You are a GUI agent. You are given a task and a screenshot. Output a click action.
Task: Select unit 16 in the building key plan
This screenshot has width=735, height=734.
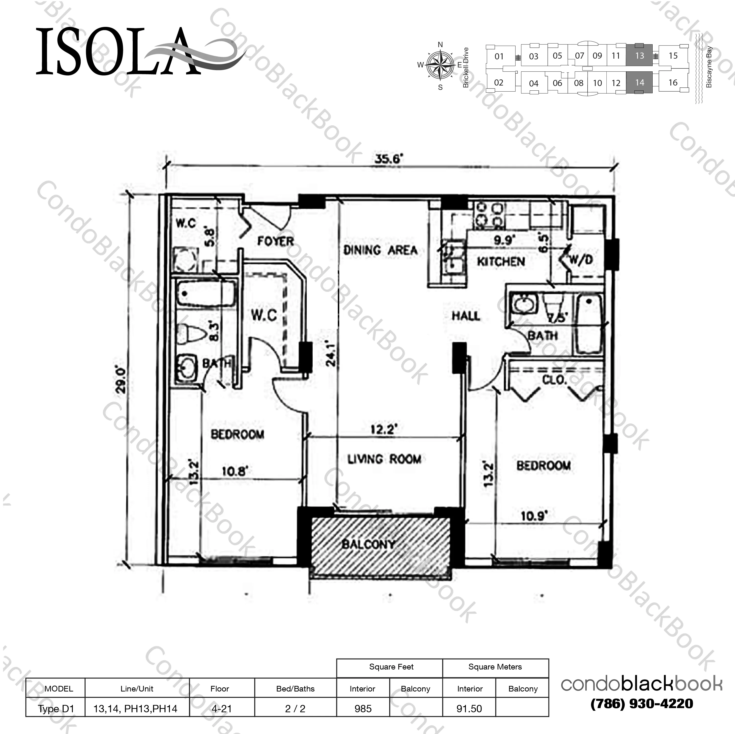673,83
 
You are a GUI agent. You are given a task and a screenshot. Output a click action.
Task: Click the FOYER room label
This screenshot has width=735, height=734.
275,241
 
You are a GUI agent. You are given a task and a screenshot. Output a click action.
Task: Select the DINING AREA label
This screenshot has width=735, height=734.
380,250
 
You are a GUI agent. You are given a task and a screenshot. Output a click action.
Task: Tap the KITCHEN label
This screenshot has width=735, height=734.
501,262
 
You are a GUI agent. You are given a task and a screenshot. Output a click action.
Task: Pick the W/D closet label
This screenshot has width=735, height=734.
581,260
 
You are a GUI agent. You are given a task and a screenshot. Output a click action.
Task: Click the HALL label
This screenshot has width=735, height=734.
466,316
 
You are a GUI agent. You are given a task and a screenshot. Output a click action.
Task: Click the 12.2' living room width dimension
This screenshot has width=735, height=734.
384,430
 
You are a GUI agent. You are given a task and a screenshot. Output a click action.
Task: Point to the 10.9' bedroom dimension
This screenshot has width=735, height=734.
534,516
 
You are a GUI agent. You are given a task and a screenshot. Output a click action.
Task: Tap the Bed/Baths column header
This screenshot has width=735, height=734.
295,689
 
